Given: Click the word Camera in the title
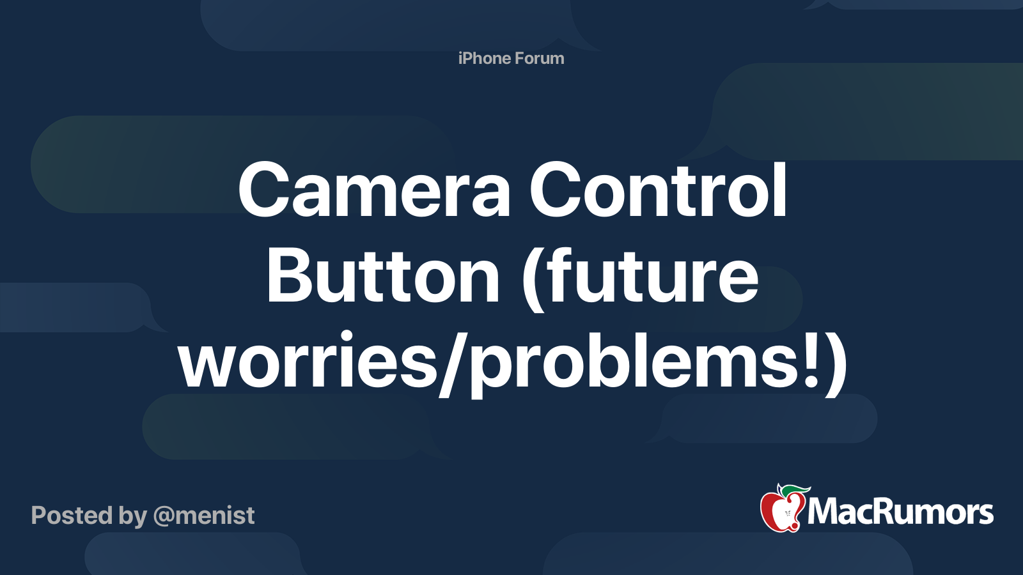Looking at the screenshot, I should (x=374, y=190).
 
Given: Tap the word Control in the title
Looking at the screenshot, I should (x=659, y=190).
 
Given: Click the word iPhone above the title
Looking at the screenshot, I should (x=484, y=58).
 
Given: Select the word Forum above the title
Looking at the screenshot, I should (x=540, y=58).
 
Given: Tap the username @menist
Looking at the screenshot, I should (x=204, y=515).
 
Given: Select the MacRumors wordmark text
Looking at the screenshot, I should (x=900, y=512).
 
